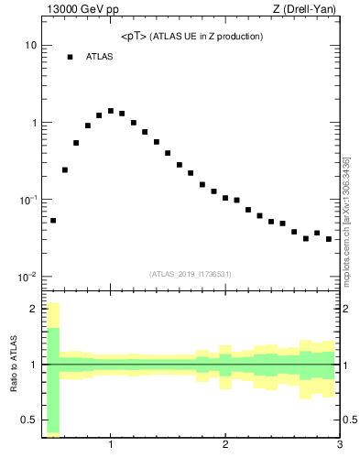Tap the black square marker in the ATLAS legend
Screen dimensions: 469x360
(70, 57)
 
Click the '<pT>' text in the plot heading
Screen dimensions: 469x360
(134, 37)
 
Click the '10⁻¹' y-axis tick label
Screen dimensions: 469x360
(27, 200)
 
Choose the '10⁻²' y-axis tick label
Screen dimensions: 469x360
(27, 277)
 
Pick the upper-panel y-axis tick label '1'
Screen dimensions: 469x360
(33, 123)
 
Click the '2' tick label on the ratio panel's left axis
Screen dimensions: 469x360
(33, 309)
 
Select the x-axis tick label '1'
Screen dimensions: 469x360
(111, 445)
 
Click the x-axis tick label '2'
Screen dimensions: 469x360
(225, 445)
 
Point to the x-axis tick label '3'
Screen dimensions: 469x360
(339, 445)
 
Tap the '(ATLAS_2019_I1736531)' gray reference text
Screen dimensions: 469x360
(190, 274)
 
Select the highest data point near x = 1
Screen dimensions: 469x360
(111, 111)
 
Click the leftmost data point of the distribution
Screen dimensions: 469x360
(53, 221)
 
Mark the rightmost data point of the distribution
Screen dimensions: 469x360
(328, 239)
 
